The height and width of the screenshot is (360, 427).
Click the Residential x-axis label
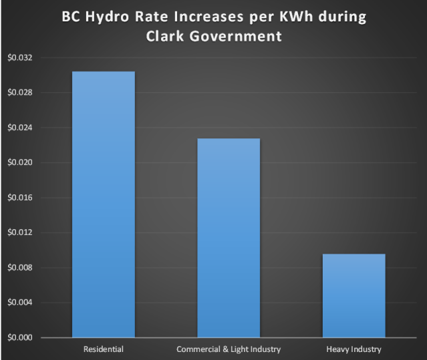tap(103, 349)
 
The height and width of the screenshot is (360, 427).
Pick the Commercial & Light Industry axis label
tap(229, 349)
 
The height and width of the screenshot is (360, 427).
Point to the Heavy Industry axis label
tap(353, 349)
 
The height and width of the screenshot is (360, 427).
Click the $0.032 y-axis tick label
tap(19, 57)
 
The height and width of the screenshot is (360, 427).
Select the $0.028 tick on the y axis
tap(19, 92)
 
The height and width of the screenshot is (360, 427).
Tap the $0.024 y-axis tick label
tap(19, 128)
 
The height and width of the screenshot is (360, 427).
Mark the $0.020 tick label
tap(19, 162)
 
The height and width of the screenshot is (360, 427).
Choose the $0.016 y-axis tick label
tap(19, 198)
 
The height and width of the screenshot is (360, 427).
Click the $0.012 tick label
tap(19, 232)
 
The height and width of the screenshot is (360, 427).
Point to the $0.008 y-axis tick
tap(19, 268)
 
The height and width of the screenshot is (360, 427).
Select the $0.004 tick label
tap(19, 303)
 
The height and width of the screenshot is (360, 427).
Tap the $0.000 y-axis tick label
tap(19, 338)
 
